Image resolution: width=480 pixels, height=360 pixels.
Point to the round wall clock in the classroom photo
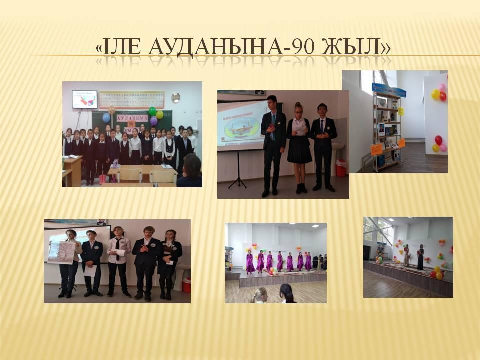175,97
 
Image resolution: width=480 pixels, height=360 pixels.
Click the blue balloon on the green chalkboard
106,118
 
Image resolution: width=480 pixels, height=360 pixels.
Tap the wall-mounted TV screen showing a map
84,99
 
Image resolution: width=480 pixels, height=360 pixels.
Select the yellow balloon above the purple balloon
159,114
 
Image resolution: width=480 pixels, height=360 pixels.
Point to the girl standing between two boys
299,145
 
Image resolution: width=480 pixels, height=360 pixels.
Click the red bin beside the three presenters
341,168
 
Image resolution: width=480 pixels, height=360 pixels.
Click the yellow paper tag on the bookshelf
376,148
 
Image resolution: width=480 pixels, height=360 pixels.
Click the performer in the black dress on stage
420,257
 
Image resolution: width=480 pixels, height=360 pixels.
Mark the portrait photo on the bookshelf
381,130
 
